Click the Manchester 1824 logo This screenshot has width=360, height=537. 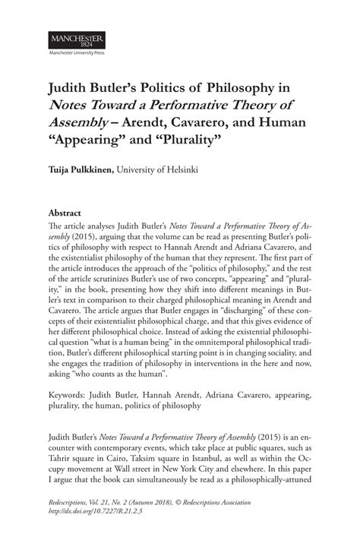76,39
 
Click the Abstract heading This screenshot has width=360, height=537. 65,213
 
